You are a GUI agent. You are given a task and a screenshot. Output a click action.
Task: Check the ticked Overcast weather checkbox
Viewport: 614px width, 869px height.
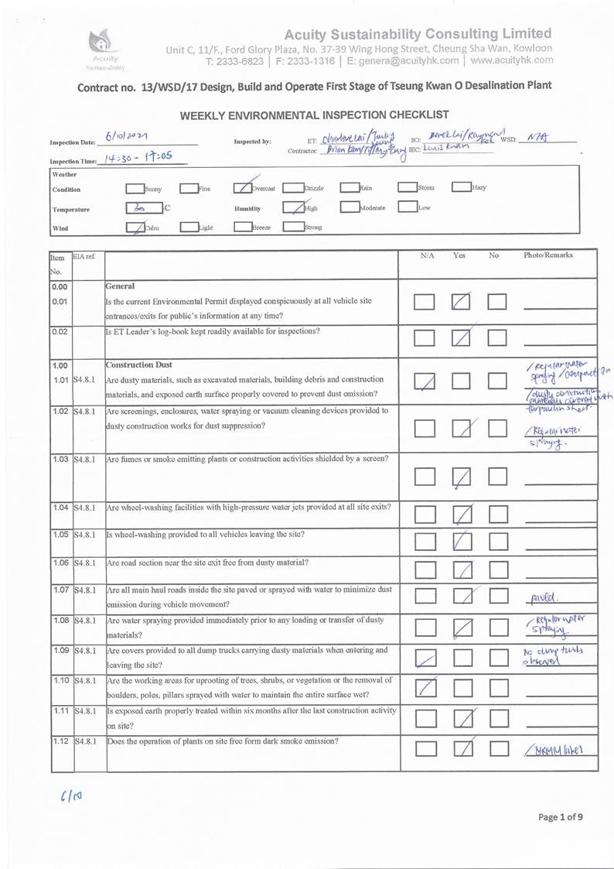coord(243,188)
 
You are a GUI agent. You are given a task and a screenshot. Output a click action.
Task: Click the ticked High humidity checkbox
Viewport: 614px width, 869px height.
coord(293,208)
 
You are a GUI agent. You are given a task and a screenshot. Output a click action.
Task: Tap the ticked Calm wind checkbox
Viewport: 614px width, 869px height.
coord(134,228)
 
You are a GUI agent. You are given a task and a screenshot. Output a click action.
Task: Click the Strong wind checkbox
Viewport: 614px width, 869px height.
coord(293,228)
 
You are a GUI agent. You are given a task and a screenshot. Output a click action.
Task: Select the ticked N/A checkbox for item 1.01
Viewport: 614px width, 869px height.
coord(425,381)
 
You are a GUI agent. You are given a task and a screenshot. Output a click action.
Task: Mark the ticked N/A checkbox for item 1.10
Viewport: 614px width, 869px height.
coord(425,686)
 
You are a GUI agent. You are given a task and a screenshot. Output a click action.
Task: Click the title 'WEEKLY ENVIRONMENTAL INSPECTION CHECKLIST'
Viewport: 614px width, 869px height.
coord(315,115)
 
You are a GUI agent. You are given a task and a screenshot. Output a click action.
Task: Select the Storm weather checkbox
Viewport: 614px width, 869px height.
coord(407,188)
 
